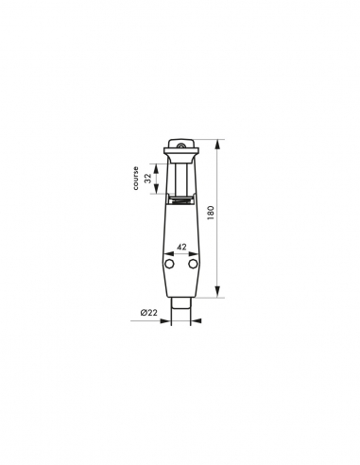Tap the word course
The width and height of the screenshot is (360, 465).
coord(136,179)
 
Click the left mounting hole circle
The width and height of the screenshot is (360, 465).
coord(169,266)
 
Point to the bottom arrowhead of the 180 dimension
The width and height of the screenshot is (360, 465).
coord(217,293)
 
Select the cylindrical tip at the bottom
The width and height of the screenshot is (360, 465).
coord(180,309)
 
